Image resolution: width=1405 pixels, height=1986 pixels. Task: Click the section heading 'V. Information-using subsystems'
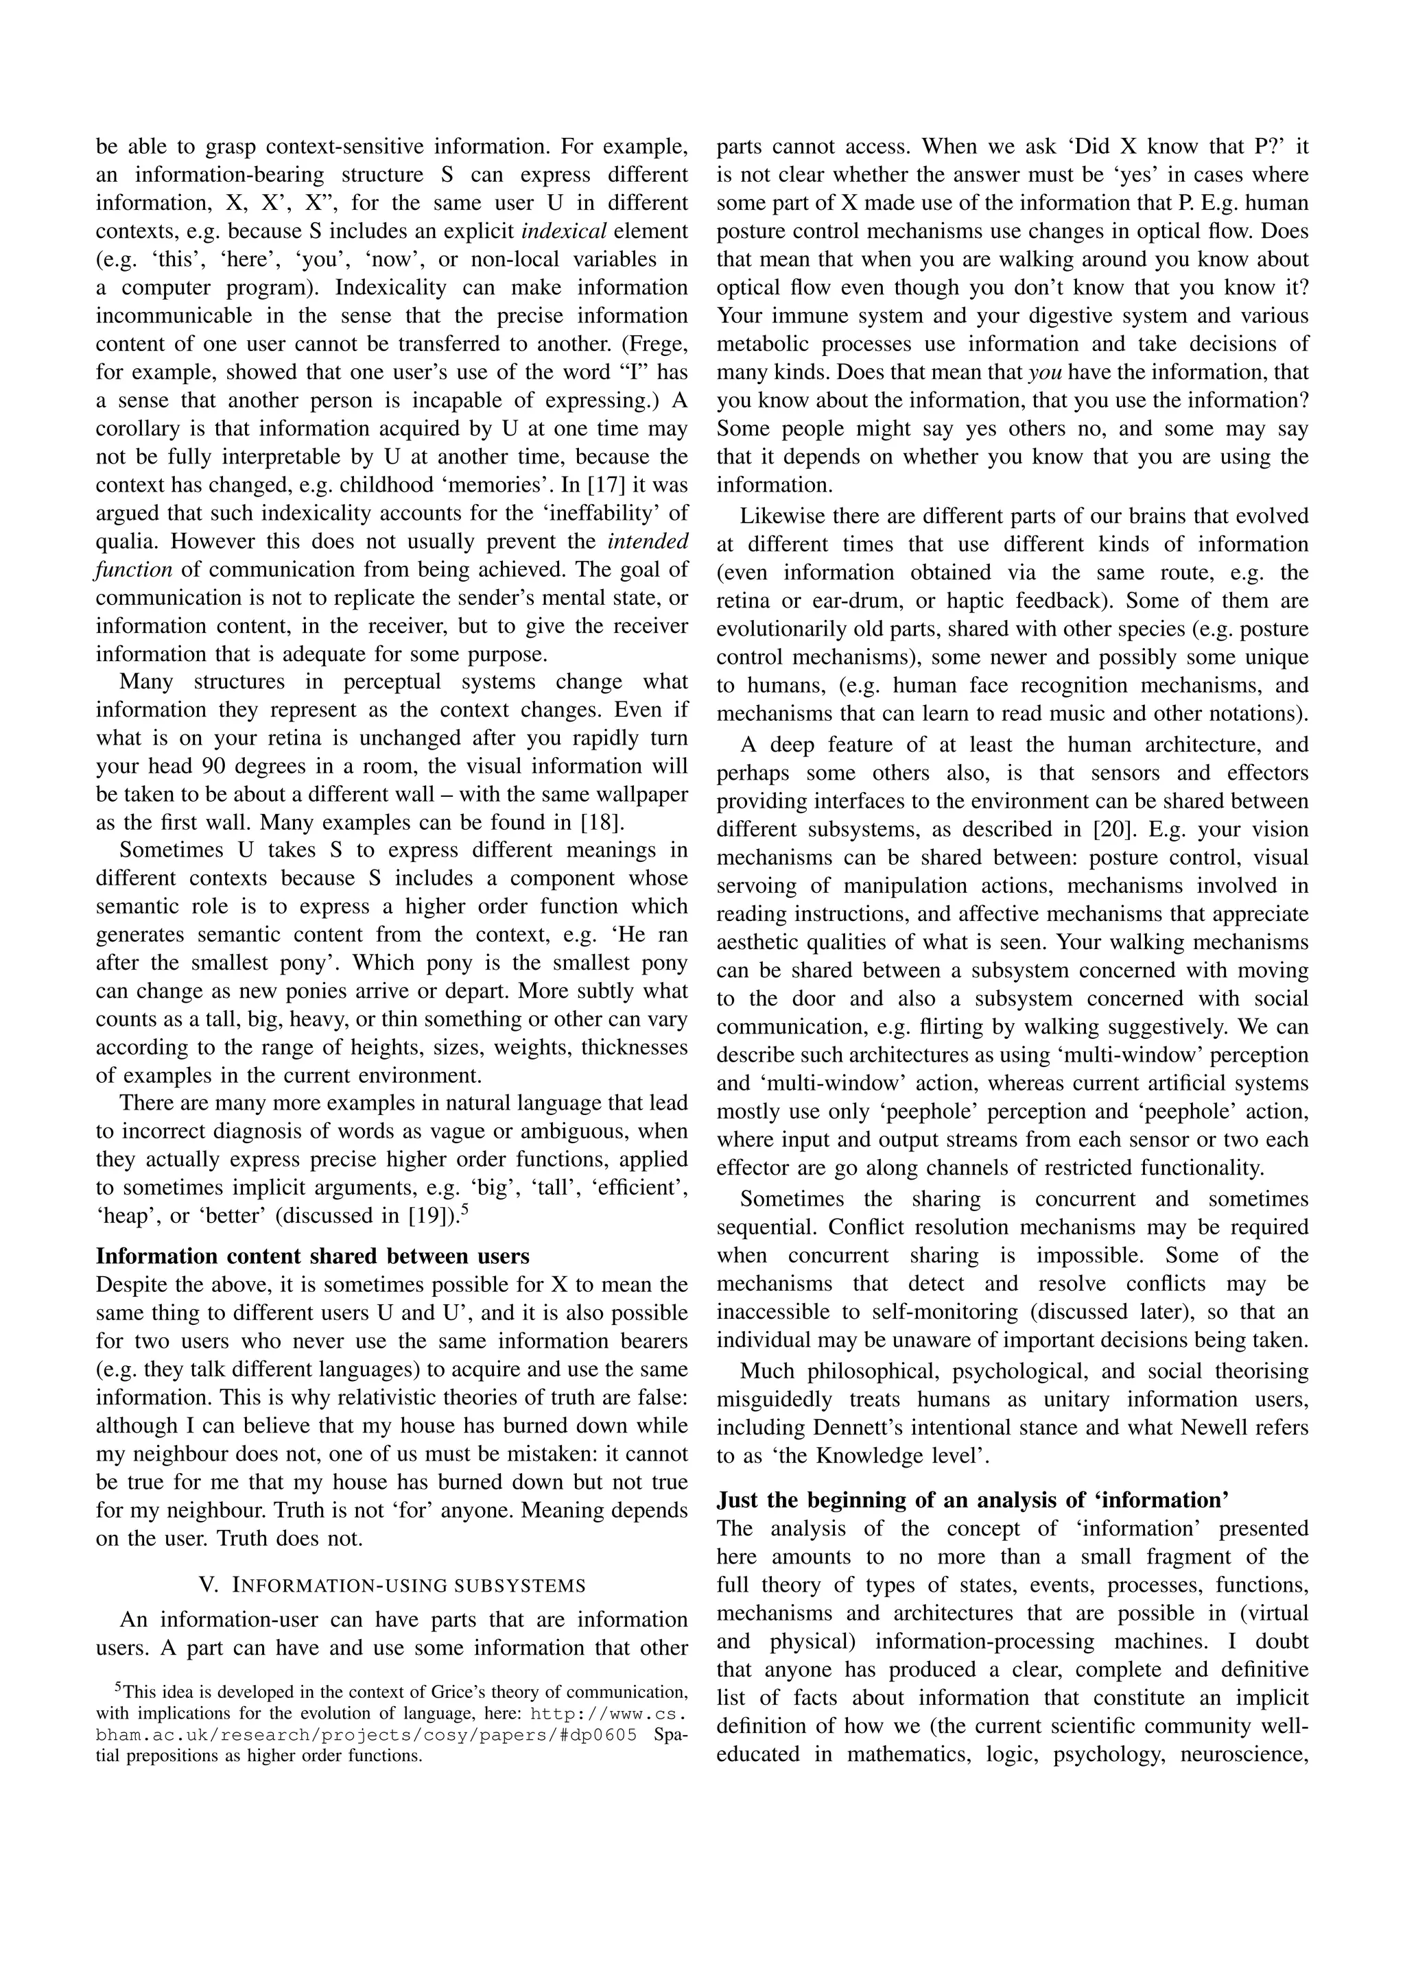coord(392,1586)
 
